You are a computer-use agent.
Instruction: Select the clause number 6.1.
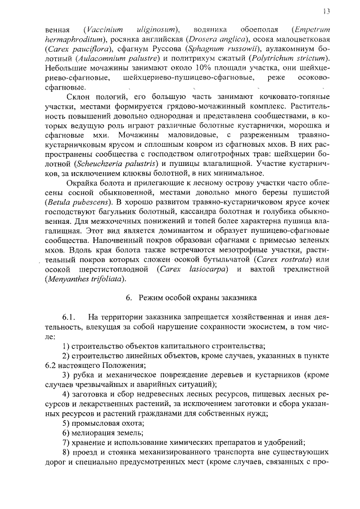pyautogui.click(x=70, y=319)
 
